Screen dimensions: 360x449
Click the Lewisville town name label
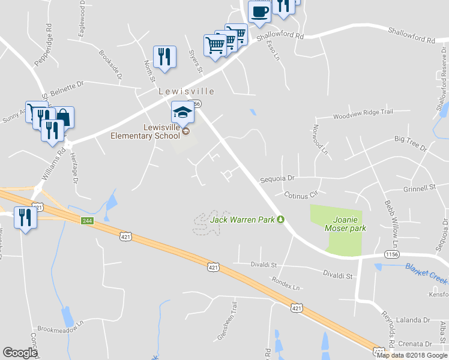click(x=186, y=92)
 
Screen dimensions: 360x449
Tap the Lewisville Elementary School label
click(x=145, y=131)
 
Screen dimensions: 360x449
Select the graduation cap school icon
click(x=183, y=112)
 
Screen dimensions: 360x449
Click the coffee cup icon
click(x=260, y=11)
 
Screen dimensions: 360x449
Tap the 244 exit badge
click(x=88, y=221)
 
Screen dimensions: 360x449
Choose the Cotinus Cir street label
click(x=300, y=195)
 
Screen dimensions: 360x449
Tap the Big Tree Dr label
click(x=410, y=143)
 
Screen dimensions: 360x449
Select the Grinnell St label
click(x=420, y=188)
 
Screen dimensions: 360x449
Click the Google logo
click(x=20, y=353)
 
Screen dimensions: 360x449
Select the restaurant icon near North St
click(x=164, y=57)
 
